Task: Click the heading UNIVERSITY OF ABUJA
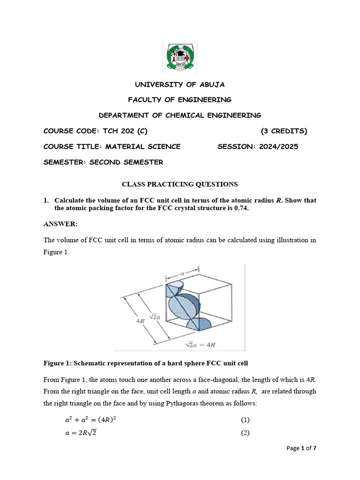coord(180,84)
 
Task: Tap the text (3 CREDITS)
coord(284,131)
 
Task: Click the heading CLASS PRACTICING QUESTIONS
coord(180,184)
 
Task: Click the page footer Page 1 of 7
coord(301,448)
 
